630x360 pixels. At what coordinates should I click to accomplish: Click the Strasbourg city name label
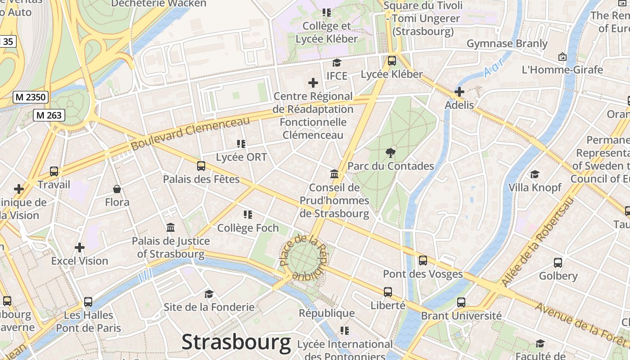(236, 342)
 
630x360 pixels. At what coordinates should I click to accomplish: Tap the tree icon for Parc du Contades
(391, 153)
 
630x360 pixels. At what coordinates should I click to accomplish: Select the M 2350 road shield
(31, 97)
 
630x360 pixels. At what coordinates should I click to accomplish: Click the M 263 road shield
(49, 115)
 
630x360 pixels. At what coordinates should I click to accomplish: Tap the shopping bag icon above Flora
(117, 189)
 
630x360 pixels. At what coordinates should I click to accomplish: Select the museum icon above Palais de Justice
(171, 228)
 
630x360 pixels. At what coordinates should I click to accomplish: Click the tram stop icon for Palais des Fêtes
(201, 166)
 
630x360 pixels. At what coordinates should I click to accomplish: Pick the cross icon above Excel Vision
(80, 247)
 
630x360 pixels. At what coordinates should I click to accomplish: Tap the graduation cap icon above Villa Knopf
(535, 174)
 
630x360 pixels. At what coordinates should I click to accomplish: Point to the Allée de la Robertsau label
(538, 243)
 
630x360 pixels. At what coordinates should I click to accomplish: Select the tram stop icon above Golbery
(558, 262)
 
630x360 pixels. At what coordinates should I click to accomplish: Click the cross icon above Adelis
(459, 92)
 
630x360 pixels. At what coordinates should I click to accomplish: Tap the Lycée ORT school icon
(241, 144)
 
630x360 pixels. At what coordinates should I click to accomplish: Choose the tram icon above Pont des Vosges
(423, 260)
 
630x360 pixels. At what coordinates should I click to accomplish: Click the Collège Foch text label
(248, 228)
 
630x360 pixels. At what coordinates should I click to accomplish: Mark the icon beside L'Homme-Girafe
(562, 57)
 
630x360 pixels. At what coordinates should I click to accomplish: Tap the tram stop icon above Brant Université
(461, 302)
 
